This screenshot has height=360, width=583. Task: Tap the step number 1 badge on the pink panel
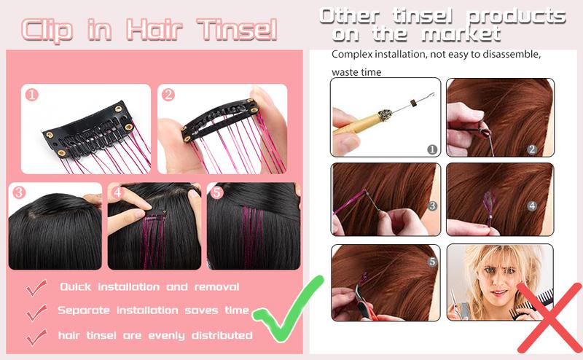point(31,95)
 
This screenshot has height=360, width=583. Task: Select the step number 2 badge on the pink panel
point(168,95)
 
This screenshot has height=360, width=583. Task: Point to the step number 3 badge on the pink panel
point(20,193)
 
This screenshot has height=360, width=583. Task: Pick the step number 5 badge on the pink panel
point(217,193)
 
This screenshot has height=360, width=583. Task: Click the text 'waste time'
point(356,72)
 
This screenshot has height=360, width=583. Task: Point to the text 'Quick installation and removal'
point(149,287)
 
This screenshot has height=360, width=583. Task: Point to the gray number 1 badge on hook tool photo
point(431,149)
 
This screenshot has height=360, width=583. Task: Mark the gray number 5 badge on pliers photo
point(431,260)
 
